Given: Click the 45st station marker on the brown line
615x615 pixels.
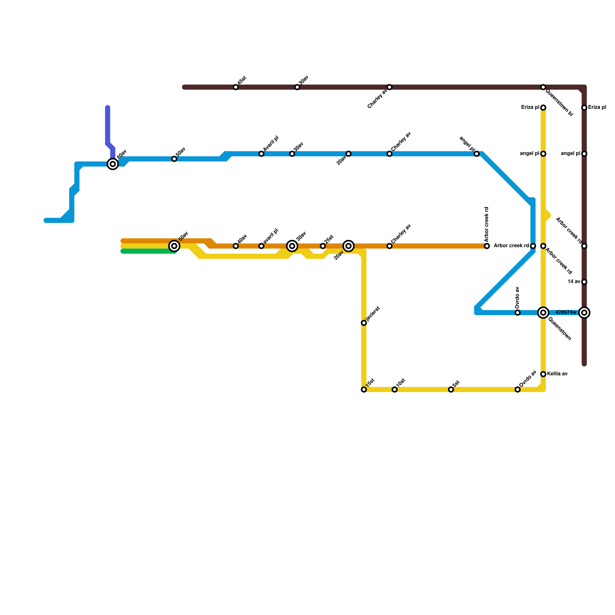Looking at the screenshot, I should point(236,87).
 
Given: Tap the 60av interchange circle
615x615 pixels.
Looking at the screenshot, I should point(113,164).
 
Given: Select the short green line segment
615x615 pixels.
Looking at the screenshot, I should point(148,251).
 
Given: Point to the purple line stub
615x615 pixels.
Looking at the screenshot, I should point(108,127).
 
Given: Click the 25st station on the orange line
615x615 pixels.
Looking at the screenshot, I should point(323,246).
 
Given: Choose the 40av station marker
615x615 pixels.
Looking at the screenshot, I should point(236,246).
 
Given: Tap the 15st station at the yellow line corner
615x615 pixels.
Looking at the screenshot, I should point(364,390).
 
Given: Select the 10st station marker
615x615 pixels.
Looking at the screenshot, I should point(395,390).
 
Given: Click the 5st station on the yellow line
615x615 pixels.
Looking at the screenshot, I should point(451,390).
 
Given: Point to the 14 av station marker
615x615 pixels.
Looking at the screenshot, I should point(584,282).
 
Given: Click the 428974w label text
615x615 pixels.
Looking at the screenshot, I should point(566,312).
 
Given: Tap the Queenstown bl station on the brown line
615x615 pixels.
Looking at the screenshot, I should point(543,87).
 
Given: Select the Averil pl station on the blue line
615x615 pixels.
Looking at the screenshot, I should point(261,154).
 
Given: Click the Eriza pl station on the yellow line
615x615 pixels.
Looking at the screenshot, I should point(543,108).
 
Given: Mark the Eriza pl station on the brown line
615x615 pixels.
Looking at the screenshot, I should point(584,108).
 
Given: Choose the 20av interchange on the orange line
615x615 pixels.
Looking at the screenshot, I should point(349,246).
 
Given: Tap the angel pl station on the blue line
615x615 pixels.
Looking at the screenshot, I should point(477,154).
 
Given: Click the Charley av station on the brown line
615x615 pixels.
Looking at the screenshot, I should point(389,87).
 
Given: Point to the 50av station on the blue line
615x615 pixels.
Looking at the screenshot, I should point(174,159).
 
